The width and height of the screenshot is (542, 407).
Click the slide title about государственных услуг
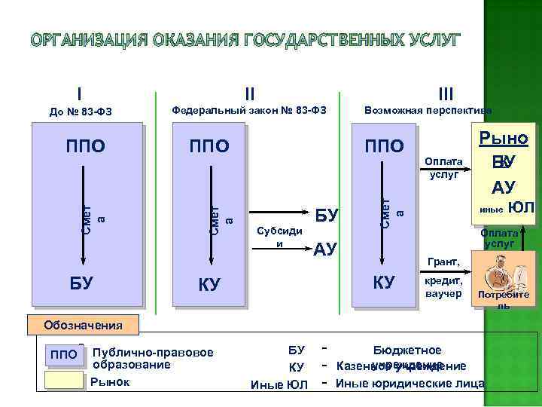pos(271,39)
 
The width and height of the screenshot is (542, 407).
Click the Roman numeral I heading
pos(79,93)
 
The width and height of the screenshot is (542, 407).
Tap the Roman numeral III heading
pos(446,94)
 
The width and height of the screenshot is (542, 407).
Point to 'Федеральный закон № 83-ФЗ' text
pos(248,110)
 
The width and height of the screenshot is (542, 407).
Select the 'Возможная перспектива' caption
pos(428,110)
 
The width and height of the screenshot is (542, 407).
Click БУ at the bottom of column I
pos(81,283)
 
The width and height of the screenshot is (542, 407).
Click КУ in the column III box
pos(384,283)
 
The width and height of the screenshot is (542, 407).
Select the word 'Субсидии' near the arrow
pos(279,238)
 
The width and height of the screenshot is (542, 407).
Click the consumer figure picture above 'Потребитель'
pos(501,272)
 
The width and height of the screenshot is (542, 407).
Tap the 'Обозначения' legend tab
pos(83,326)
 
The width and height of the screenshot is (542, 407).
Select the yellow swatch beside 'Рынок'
pos(63,381)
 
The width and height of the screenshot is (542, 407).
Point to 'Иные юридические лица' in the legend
pos(410,384)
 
